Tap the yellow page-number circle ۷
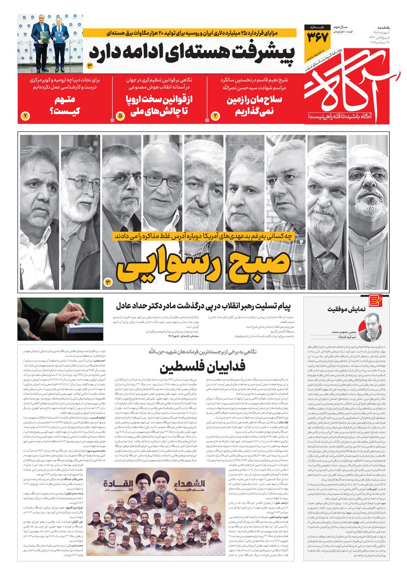[25, 116]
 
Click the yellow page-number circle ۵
[120, 116]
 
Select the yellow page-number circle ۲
[216, 116]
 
